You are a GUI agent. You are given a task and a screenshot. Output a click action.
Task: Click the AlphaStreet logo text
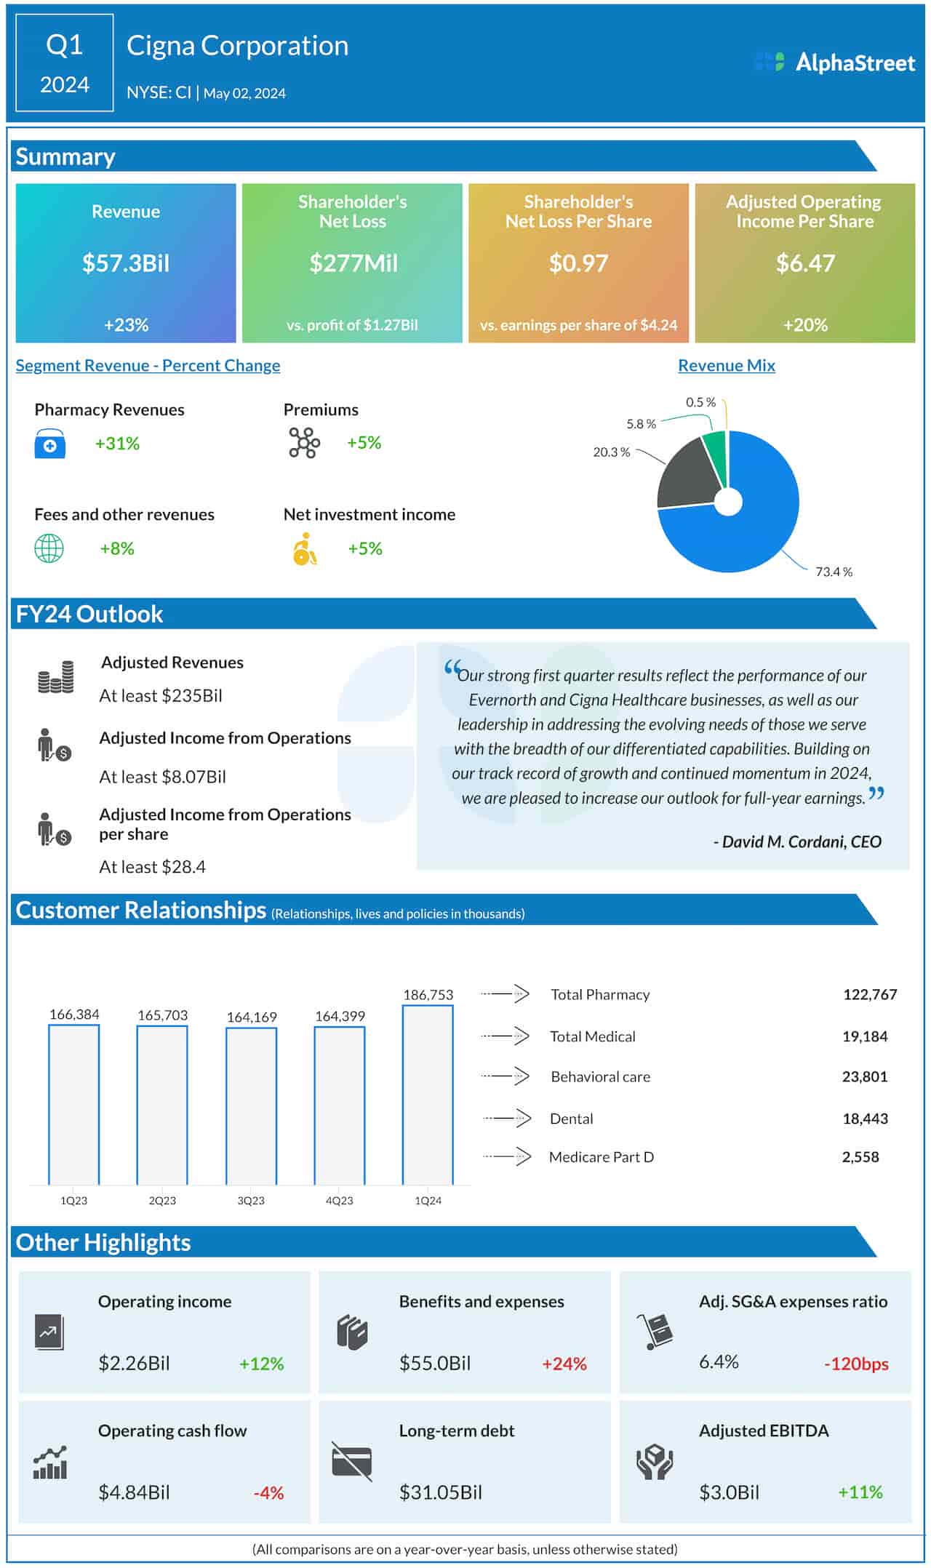[855, 63]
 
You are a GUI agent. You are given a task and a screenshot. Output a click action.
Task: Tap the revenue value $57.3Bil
[126, 263]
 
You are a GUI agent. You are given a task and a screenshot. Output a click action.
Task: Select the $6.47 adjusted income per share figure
[804, 263]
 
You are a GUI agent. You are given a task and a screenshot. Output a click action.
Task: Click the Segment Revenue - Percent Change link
[148, 365]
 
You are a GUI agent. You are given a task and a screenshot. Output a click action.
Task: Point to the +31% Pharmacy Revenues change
[117, 443]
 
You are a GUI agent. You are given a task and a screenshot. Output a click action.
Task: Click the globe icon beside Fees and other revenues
[49, 548]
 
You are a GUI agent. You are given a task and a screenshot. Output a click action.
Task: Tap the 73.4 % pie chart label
[834, 572]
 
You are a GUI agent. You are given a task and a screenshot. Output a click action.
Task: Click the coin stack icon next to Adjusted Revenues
[56, 677]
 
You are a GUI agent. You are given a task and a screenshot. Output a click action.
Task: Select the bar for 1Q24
[428, 1095]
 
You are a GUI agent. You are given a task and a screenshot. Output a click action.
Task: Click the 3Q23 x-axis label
[251, 1200]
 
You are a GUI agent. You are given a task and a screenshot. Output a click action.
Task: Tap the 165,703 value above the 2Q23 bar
[162, 1015]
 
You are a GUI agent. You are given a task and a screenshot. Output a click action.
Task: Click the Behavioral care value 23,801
[864, 1076]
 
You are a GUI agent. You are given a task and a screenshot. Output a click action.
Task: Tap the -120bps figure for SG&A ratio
[856, 1364]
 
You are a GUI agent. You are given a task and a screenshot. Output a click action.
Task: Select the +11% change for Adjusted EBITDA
[860, 1492]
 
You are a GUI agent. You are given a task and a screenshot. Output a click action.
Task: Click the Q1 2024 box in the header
[65, 64]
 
